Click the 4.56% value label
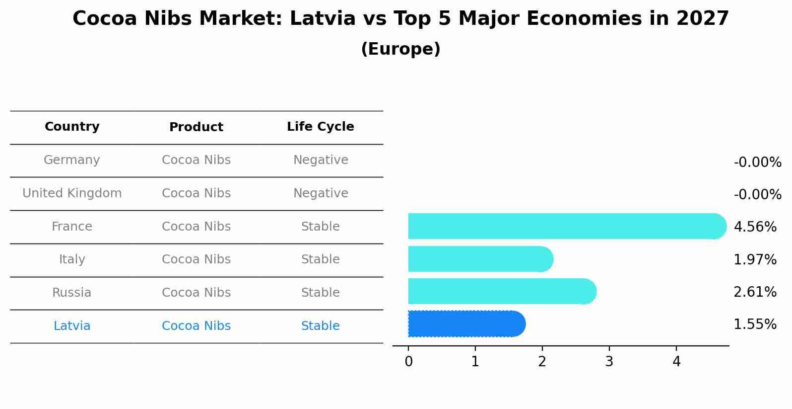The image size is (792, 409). point(755,227)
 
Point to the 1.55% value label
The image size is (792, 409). point(755,325)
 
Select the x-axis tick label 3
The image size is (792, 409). point(609,362)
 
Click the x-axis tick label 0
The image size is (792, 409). point(408,362)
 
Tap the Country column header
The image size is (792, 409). point(72,127)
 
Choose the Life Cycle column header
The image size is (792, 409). point(320,127)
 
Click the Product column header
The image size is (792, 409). point(196,127)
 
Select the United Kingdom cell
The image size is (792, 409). point(72,193)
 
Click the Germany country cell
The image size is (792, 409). point(72,160)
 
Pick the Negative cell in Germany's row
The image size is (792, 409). point(320,160)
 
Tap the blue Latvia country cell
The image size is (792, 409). point(72,326)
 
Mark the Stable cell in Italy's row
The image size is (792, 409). point(320,259)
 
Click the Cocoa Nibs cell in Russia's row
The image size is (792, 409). point(196,293)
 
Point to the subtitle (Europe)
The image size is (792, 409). point(400,49)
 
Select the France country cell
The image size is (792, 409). point(72,227)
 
